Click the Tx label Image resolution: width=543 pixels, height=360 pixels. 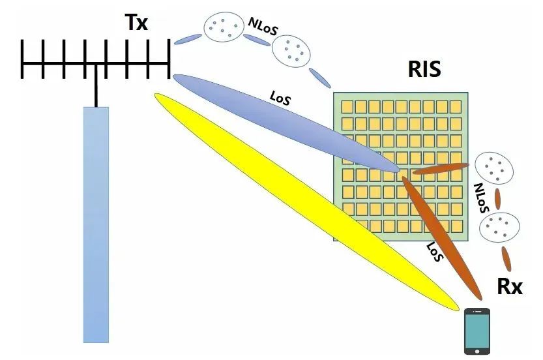[x=136, y=23]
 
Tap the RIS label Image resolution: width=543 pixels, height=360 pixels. [x=424, y=69]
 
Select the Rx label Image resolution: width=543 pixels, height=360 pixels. [x=509, y=286]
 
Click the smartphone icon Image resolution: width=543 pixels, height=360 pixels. [x=477, y=331]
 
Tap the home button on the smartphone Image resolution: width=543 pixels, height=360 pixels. [x=477, y=352]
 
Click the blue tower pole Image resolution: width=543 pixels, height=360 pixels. [x=96, y=225]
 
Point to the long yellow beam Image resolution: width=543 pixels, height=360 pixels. [x=307, y=202]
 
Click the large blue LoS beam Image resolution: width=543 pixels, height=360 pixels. [x=286, y=123]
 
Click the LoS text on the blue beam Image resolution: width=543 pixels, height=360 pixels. [x=280, y=98]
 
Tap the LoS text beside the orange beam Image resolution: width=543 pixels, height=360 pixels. [x=435, y=252]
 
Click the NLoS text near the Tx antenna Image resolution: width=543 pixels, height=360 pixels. [x=263, y=26]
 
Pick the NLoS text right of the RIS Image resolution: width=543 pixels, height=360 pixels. [x=481, y=198]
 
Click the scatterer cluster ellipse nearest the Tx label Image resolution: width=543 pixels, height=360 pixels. [x=224, y=27]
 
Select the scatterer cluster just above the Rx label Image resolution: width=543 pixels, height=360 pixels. [x=499, y=228]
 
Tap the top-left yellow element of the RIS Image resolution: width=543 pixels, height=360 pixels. [x=347, y=107]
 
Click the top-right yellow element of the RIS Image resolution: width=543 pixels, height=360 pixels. [x=456, y=107]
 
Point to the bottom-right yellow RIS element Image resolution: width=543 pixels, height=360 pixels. [x=457, y=226]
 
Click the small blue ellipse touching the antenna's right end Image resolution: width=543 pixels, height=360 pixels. [x=188, y=39]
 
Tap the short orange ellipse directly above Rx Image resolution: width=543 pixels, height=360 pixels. [x=506, y=258]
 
